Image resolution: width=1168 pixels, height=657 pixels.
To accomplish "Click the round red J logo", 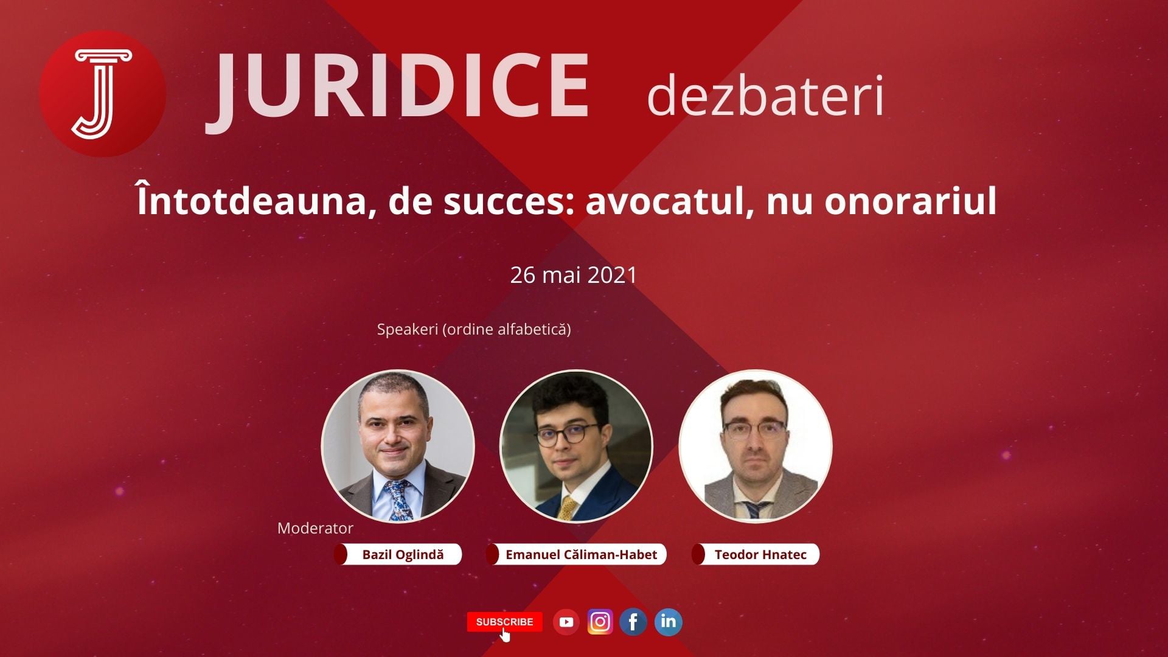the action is point(103,94).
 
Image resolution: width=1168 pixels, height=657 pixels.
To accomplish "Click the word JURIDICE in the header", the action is point(398,89).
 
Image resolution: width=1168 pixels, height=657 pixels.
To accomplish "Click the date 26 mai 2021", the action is point(573,275).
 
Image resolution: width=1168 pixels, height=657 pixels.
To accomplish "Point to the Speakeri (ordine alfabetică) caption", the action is point(474,330).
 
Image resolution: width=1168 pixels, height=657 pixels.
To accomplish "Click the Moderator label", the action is point(315,528).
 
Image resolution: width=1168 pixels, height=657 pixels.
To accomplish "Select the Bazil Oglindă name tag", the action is point(398,555).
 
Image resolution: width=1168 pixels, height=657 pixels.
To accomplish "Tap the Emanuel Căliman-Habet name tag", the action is point(576,555).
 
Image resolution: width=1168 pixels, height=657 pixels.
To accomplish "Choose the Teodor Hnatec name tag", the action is point(755,555).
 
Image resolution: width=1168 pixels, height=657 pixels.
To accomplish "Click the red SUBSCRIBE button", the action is point(504,622).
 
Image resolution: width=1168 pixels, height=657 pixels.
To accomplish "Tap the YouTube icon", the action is point(566,622).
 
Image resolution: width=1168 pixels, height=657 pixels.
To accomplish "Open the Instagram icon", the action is point(600,622).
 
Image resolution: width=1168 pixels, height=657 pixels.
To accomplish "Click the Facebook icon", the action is point(633,622).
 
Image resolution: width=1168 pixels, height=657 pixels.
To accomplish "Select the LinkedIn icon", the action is point(668,622).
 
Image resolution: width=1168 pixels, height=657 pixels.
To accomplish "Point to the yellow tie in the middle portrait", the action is point(567,508).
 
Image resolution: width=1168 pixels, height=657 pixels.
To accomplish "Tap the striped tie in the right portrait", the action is point(754,510).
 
